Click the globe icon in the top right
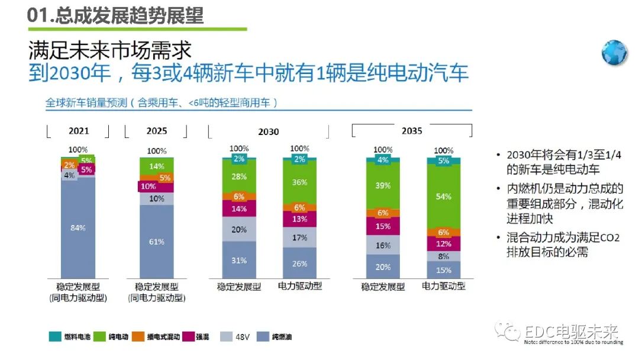tap(614, 53)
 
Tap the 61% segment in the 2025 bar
tap(157, 242)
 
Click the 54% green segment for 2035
tap(444, 196)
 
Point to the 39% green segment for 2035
tap(383, 185)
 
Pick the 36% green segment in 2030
tap(299, 182)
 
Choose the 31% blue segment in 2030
tap(239, 259)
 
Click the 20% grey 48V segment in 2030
tap(239, 229)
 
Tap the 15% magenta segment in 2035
tap(383, 226)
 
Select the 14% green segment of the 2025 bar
tap(157, 166)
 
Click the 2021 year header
tap(79, 131)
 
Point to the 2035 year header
tap(412, 130)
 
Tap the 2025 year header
tap(156, 131)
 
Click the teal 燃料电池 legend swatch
tap(54, 337)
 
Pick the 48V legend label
tap(243, 337)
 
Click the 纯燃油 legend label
tap(281, 337)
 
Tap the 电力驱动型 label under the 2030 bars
tap(300, 287)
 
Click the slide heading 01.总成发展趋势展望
tap(115, 14)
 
